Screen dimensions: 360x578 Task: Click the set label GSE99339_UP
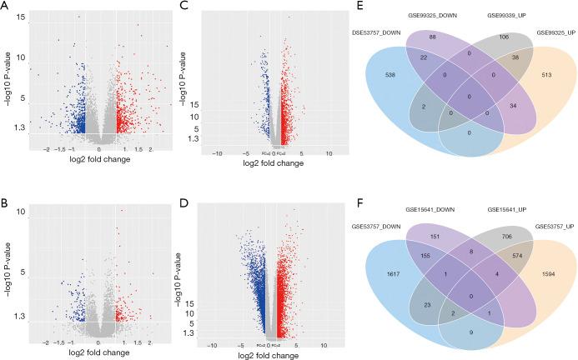pos(492,16)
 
